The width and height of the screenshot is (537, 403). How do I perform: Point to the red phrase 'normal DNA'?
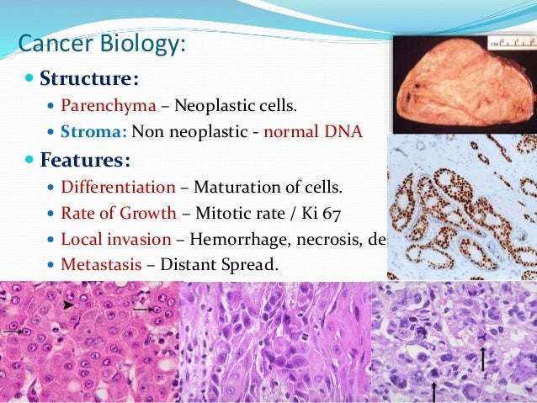pos(312,132)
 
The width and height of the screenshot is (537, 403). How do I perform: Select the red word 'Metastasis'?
pos(99,264)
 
